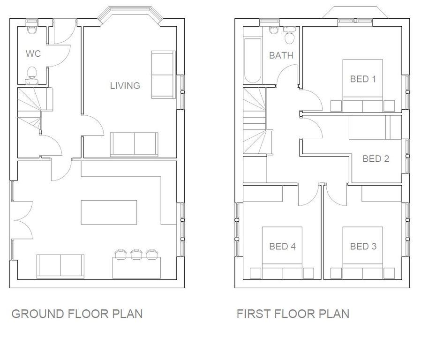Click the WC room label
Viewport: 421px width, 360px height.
(33, 54)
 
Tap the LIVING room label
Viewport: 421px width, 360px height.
(125, 86)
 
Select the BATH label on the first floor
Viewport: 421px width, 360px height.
(281, 55)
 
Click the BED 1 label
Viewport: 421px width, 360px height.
(363, 79)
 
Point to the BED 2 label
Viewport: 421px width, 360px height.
(376, 158)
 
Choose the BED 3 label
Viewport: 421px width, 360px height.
(363, 246)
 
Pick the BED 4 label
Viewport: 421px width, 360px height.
(282, 246)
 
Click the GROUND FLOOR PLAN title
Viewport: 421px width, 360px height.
(77, 314)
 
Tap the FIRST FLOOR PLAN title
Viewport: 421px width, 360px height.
(293, 314)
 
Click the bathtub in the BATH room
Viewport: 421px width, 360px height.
(253, 61)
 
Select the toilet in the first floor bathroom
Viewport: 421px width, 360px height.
(289, 36)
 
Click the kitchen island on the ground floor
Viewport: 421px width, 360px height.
(109, 212)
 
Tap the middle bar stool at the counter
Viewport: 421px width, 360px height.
(136, 254)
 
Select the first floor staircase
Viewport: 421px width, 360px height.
(255, 121)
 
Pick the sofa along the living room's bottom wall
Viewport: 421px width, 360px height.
(134, 144)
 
